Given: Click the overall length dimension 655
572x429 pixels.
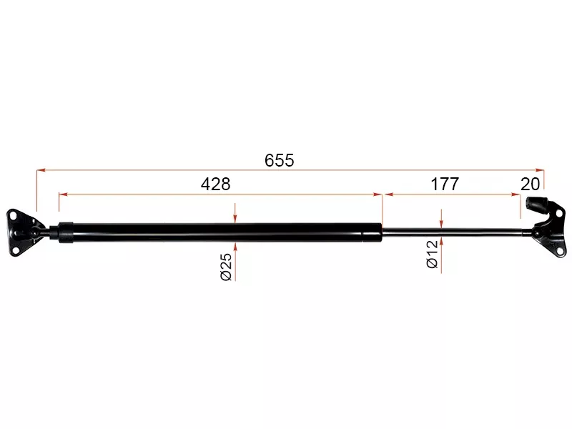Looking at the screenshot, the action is [279, 160].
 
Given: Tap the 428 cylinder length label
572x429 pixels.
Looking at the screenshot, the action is [216, 184].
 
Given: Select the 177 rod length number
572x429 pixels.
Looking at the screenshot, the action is [445, 184].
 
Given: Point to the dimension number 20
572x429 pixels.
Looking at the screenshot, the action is [530, 184].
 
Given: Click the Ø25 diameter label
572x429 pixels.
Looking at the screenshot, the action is [226, 267].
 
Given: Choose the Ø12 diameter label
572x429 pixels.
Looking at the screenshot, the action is [433, 255].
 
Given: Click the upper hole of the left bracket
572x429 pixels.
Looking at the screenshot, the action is [14, 217].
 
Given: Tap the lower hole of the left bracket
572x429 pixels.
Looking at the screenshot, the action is [15, 250].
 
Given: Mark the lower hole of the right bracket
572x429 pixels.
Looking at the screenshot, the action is [559, 251].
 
